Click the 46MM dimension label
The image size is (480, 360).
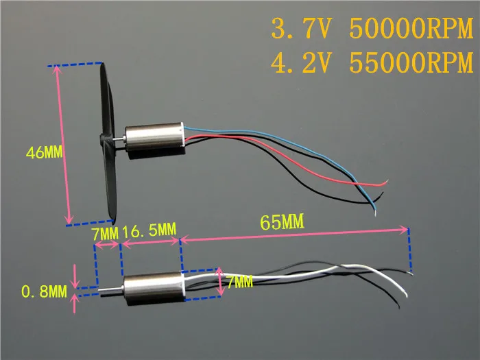pos(45,152)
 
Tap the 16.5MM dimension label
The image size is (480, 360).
pos(149,230)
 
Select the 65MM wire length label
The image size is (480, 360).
pos(283,221)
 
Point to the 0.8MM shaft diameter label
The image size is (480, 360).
pos(44,291)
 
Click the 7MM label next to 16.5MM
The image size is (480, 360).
pos(105,235)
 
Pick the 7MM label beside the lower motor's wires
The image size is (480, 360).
pos(240,282)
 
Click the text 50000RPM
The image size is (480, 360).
pos(411,29)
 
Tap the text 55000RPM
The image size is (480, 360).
pos(411,63)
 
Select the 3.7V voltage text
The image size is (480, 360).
pos(302,29)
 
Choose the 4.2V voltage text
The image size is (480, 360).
pos(302,63)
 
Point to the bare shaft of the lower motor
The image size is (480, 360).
pos(111,289)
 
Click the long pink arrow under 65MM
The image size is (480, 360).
pos(294,235)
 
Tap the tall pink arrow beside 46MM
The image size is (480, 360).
pos(63,145)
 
